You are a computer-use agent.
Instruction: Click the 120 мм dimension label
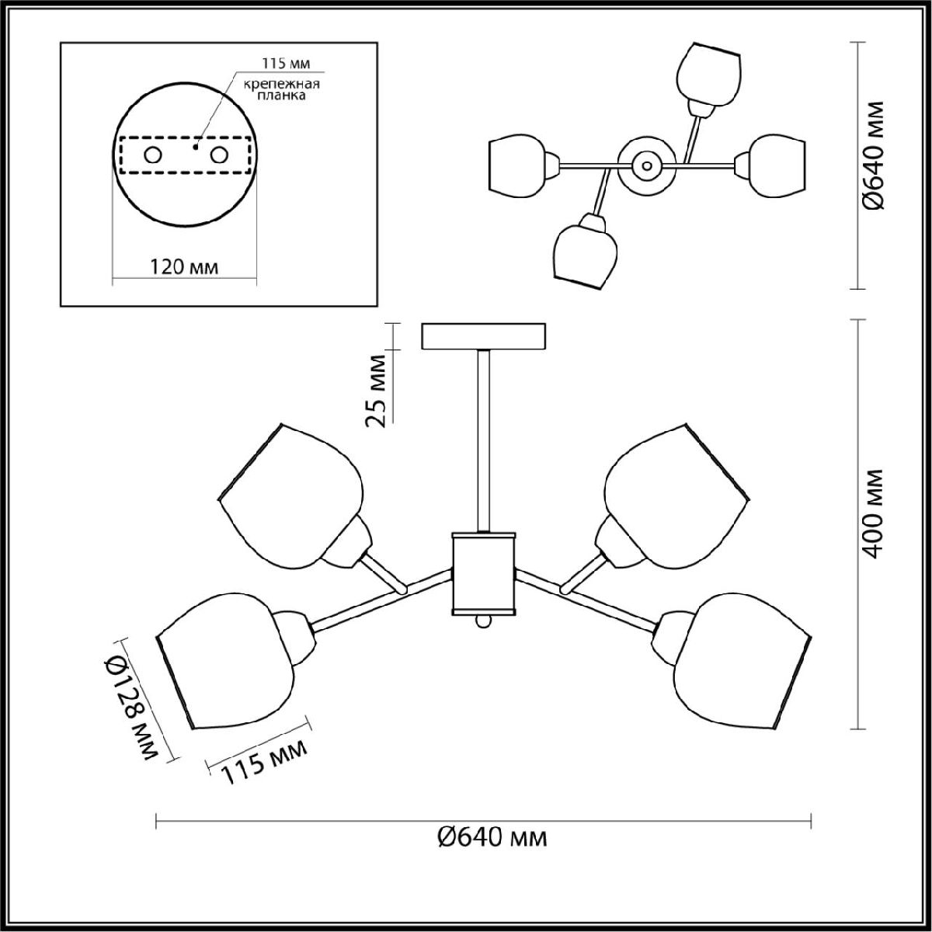coord(183,267)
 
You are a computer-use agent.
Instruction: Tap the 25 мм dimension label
coord(377,391)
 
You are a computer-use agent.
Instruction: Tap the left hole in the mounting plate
coord(152,155)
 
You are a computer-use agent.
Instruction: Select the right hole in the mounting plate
coord(220,155)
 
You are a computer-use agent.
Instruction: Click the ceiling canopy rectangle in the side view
coord(485,336)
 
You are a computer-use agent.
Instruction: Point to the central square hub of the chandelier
coord(482,573)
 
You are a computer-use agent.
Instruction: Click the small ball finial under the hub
coord(482,622)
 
